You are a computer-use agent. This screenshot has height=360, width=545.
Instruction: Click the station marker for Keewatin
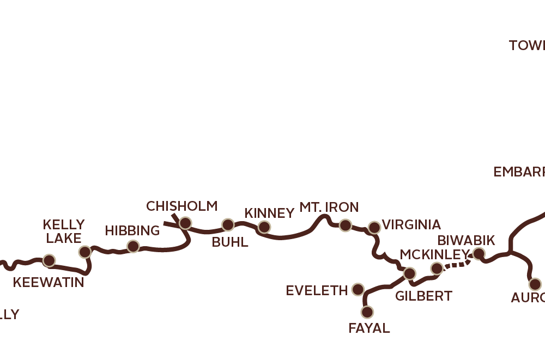[x=49, y=260]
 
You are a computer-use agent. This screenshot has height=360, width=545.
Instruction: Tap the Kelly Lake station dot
[x=84, y=252]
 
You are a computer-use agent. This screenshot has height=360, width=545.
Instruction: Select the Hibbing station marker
[x=133, y=247]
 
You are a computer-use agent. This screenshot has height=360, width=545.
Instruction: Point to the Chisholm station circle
[x=185, y=223]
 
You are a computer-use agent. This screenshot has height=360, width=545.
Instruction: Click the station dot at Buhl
[x=228, y=224]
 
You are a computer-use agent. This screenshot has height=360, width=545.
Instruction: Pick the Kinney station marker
[x=264, y=227]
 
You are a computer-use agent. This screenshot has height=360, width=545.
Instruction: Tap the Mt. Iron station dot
[x=345, y=225]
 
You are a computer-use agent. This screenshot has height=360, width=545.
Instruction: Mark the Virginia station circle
[x=374, y=227]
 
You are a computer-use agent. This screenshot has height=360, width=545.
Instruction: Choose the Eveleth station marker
[x=358, y=289]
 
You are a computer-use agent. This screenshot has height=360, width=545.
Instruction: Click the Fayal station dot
[x=367, y=312]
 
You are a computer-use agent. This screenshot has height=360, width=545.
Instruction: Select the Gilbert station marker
[x=409, y=273]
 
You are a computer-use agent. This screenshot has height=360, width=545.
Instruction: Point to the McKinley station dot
[x=437, y=268]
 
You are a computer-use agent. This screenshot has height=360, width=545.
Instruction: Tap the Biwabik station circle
[x=479, y=253]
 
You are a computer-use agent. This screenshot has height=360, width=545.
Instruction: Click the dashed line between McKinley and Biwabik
[x=457, y=264]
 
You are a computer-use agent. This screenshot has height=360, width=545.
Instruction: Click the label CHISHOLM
[x=181, y=206]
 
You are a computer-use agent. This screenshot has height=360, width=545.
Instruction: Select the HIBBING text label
[x=132, y=230]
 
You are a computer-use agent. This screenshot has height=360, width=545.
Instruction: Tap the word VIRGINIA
[x=411, y=224]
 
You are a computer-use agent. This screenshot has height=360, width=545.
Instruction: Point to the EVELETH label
[x=317, y=291]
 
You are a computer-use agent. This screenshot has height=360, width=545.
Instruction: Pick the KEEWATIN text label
[x=49, y=282]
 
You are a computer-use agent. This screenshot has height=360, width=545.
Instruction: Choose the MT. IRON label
[x=329, y=207]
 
